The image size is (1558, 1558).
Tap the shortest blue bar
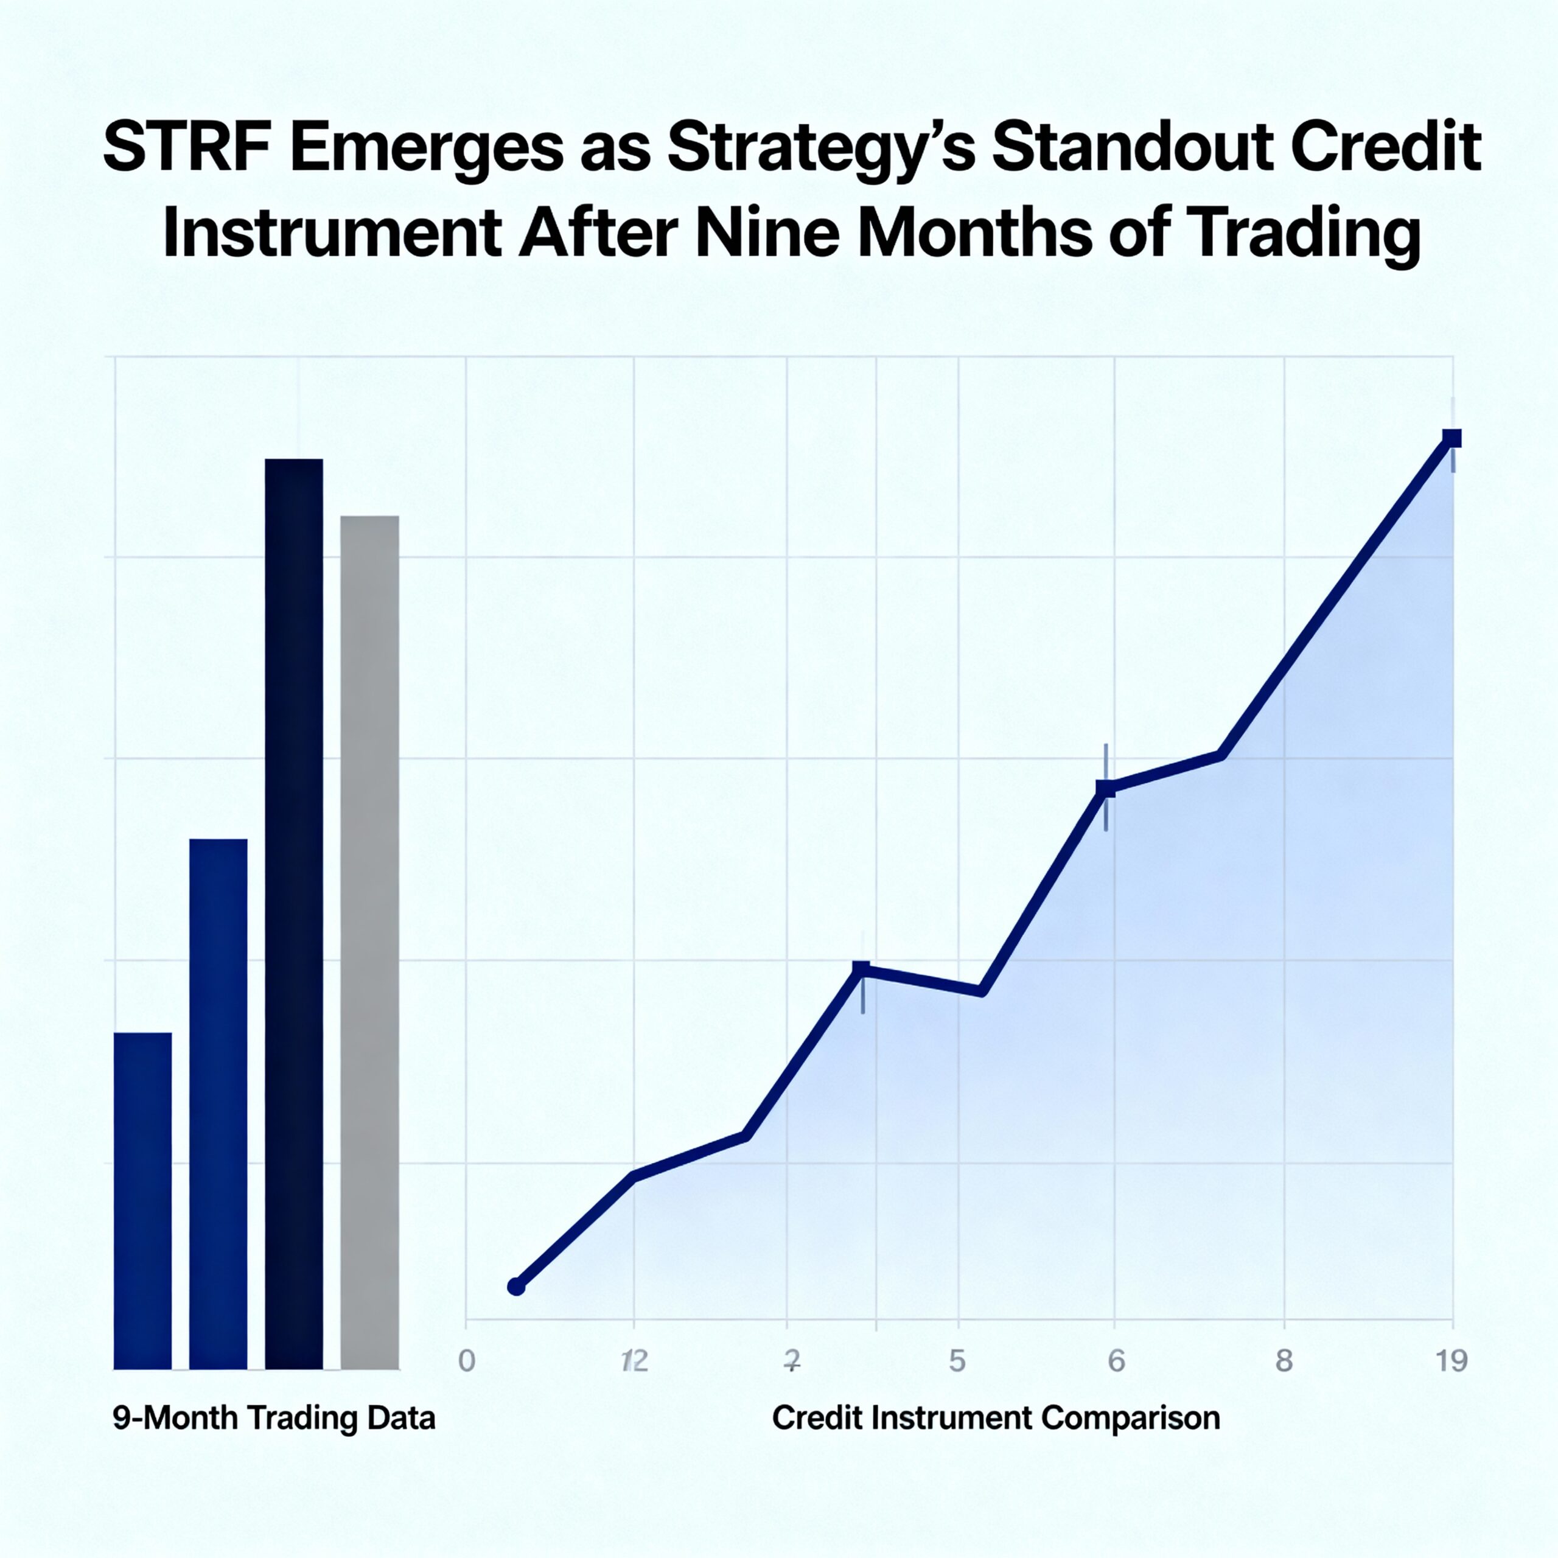143,1201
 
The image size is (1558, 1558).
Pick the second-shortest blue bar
218,1104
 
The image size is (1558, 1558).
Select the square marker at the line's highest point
1451,439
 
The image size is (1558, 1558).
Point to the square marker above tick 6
1106,789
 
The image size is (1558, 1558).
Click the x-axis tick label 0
466,1361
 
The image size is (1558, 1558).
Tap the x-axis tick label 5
957,1361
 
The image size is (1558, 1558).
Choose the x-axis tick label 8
1284,1361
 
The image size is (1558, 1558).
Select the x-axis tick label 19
1451,1361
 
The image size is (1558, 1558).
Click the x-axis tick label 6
1116,1361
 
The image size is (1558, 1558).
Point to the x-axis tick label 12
635,1361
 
